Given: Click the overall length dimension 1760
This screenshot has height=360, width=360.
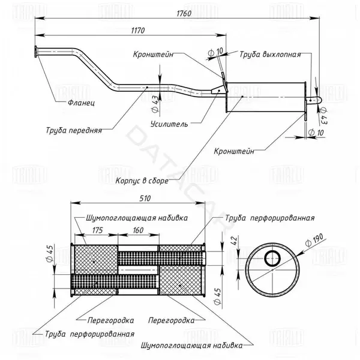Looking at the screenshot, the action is (x=184, y=13).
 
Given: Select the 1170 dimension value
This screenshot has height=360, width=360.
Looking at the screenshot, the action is (x=138, y=31).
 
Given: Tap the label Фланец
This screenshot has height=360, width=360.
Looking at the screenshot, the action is (x=81, y=103).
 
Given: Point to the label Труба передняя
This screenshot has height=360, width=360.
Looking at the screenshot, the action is (x=74, y=130).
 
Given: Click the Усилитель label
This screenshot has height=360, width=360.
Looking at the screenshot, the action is (x=169, y=124).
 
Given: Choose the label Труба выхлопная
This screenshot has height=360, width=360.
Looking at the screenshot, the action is (x=270, y=55).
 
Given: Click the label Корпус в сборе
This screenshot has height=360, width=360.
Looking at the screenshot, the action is (x=142, y=181).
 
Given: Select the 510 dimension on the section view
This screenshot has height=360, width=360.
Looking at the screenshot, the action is (x=145, y=199).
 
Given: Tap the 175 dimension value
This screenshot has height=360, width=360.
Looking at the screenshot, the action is (x=97, y=230).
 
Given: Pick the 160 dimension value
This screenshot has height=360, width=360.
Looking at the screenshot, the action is (x=138, y=230).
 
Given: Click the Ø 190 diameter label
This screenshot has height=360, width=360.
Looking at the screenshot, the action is (x=314, y=240).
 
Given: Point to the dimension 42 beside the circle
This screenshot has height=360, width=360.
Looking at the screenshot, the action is (x=234, y=240).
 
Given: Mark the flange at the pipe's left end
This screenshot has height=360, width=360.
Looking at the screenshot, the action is (x=35, y=52).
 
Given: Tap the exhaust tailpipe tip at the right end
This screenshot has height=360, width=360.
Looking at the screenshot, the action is (x=318, y=100).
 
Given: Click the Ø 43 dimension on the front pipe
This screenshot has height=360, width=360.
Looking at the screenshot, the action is (x=155, y=104).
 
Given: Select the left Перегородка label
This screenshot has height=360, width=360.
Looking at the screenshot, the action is (x=110, y=320).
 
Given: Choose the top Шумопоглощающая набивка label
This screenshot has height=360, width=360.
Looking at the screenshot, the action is (x=137, y=218).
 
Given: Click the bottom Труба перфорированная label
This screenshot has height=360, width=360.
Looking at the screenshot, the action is (x=89, y=334).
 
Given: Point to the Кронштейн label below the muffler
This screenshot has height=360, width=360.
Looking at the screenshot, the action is (x=234, y=151).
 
